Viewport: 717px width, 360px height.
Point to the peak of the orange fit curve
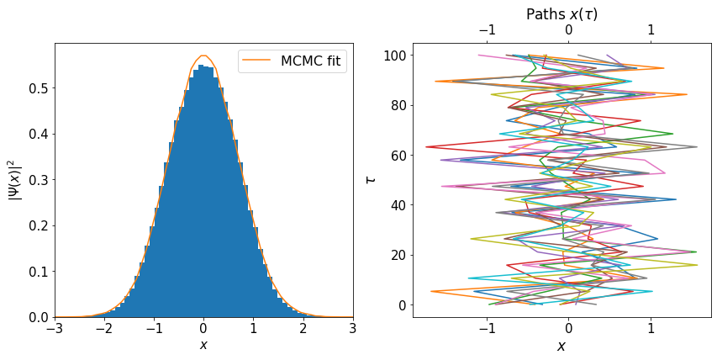203,56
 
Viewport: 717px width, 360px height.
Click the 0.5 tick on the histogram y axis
38,88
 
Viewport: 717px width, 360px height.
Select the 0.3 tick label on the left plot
38,180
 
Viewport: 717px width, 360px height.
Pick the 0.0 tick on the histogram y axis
38,317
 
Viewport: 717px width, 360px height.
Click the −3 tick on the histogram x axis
55,331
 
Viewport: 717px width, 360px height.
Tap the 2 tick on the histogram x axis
303,331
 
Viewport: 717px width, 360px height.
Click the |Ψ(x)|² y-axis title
14,179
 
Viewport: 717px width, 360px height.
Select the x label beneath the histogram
203,346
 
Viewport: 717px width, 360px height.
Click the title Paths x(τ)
561,13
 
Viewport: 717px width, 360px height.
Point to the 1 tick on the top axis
651,30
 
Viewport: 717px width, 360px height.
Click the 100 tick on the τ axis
395,56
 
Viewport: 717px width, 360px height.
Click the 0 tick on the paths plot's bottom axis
568,331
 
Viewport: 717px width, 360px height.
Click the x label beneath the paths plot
561,346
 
